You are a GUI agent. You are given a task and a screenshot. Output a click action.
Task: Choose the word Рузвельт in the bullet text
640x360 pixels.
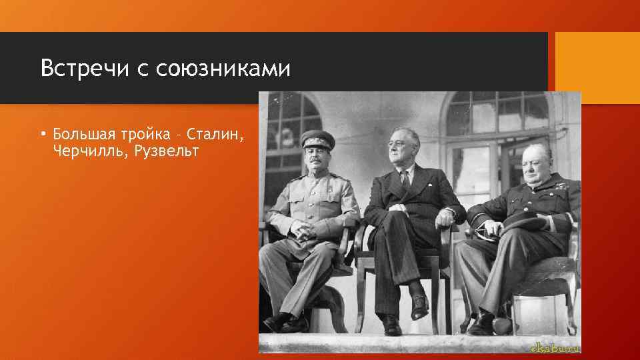(166, 151)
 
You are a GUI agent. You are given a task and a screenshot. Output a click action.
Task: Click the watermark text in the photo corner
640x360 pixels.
(553, 347)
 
